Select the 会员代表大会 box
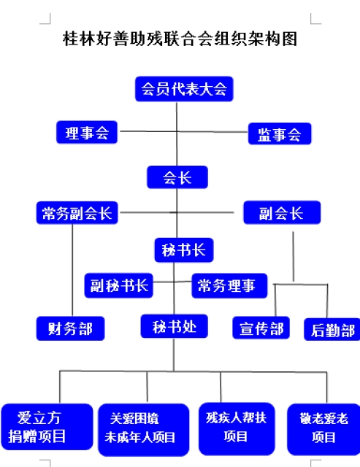[x=183, y=90]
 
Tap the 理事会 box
[x=87, y=132]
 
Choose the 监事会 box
[x=280, y=134]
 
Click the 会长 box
[x=177, y=177]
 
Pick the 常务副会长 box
[x=77, y=213]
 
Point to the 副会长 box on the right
[x=281, y=213]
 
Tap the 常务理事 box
[x=229, y=285]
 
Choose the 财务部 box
[x=70, y=328]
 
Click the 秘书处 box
[x=174, y=325]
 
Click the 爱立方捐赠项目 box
[x=47, y=427]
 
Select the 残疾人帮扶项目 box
[x=237, y=426]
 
